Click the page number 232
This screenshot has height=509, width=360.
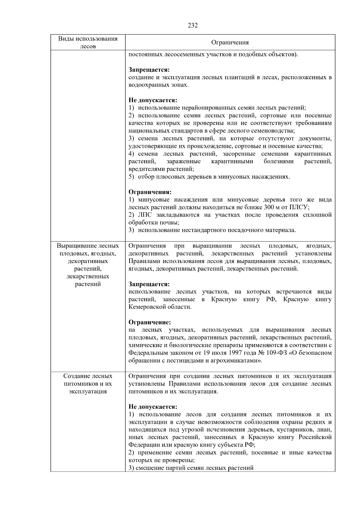(193, 25)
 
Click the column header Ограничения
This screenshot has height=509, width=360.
(230, 43)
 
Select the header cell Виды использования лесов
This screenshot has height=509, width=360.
(88, 42)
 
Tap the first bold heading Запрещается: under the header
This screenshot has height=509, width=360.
(149, 70)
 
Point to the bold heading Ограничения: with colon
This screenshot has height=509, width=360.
(150, 192)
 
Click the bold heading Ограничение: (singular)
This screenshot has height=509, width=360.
(150, 322)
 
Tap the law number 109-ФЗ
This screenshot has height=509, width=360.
(277, 353)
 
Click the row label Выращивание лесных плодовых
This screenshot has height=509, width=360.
(88, 246)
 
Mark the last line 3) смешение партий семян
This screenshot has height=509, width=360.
(191, 468)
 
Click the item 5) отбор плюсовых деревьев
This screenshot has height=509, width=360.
(209, 177)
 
